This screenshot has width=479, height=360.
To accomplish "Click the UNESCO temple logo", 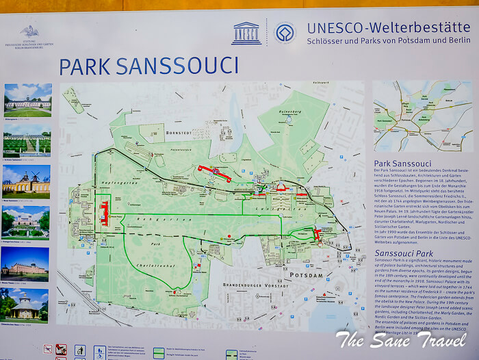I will (246, 34).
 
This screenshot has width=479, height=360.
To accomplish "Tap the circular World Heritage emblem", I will (284, 34).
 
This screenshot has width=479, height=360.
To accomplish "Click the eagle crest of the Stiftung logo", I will (29, 31).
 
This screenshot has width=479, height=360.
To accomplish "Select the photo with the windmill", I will (27, 181).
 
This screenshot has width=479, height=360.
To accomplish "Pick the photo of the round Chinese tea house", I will (27, 303).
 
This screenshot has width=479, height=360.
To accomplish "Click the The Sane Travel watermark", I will (404, 339).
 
